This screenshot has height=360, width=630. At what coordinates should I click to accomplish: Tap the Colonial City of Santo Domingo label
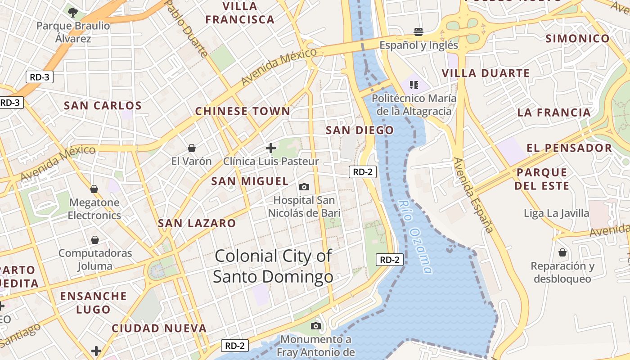[273, 266]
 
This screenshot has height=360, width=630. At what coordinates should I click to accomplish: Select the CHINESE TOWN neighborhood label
[243, 111]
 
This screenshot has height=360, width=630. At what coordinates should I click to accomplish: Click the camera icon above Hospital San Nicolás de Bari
[304, 187]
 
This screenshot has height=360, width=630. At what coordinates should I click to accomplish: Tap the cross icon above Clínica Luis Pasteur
[271, 148]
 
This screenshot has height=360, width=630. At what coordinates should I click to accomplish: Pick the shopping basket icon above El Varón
[192, 148]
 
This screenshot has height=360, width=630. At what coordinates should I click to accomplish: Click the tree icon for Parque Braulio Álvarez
[72, 12]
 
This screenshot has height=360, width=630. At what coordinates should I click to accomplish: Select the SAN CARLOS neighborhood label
[103, 106]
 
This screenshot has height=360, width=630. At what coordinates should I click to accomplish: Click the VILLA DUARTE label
[486, 73]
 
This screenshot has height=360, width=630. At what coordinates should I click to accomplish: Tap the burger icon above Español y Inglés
[418, 31]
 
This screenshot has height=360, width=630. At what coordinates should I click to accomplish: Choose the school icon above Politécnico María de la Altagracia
[414, 85]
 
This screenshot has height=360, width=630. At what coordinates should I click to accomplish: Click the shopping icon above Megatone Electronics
[94, 189]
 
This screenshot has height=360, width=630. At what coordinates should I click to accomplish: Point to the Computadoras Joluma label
[95, 259]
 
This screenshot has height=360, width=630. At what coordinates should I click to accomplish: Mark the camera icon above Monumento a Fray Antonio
[316, 325]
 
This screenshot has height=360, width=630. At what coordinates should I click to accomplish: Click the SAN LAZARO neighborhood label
[197, 223]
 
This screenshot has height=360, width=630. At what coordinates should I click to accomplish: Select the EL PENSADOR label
[569, 148]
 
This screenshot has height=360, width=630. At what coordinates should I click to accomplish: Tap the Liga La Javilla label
[556, 213]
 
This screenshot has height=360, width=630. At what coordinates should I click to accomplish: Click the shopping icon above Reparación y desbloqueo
[562, 252]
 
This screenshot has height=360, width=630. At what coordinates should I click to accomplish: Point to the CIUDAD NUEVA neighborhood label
[159, 328]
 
